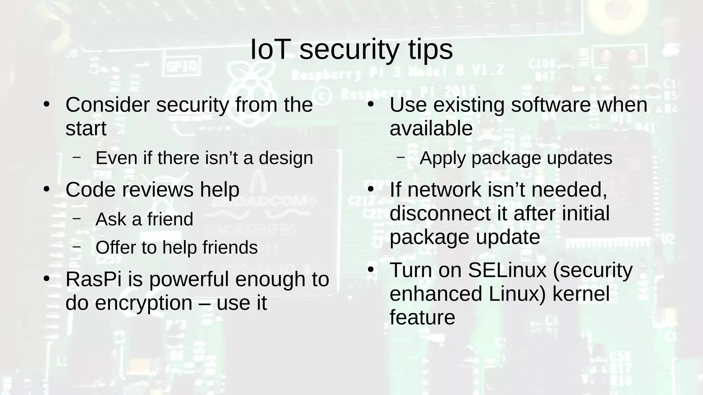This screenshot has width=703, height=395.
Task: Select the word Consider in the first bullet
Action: click(x=107, y=105)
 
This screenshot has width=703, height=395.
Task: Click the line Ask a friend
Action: click(x=144, y=219)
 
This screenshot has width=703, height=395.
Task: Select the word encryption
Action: click(x=143, y=303)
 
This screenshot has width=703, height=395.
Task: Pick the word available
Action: click(x=431, y=129)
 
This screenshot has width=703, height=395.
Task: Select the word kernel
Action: click(x=581, y=294)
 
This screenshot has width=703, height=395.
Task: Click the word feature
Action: click(x=422, y=318)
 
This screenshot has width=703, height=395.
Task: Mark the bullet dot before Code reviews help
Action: click(x=47, y=189)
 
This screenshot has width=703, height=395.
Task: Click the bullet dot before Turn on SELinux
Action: click(x=370, y=270)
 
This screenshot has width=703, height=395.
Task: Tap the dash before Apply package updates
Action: click(x=400, y=157)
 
